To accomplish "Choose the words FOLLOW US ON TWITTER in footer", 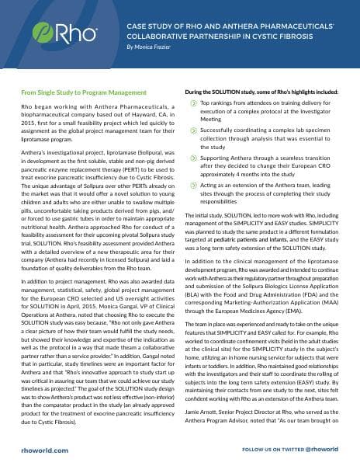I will pos(268,449).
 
